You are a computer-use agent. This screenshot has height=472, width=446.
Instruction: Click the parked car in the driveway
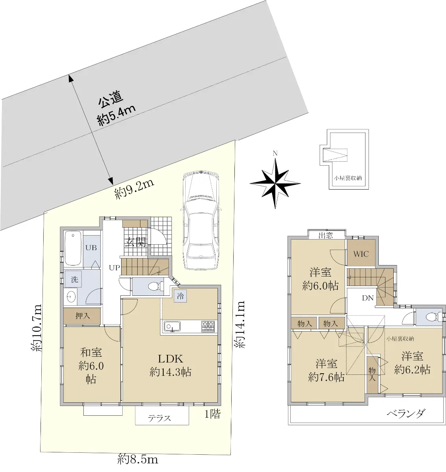(x=201, y=221)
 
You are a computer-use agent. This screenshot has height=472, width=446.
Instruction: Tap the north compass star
(x=275, y=183)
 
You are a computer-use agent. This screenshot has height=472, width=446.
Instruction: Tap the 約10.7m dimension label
(x=37, y=328)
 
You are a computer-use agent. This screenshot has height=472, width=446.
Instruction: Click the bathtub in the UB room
(x=73, y=248)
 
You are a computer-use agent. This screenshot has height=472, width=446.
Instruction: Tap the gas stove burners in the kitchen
(x=208, y=326)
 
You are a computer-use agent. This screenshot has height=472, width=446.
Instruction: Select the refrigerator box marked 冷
(x=180, y=296)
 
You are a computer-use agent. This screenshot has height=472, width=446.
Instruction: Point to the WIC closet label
(x=361, y=254)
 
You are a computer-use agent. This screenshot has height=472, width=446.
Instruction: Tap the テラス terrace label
(x=159, y=418)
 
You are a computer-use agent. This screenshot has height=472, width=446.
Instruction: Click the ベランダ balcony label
(x=406, y=413)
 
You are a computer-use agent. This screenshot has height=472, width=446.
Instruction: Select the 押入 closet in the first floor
(x=82, y=316)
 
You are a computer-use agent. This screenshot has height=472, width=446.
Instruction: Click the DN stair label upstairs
(x=368, y=298)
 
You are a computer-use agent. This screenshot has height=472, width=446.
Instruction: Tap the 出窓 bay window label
(x=326, y=236)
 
